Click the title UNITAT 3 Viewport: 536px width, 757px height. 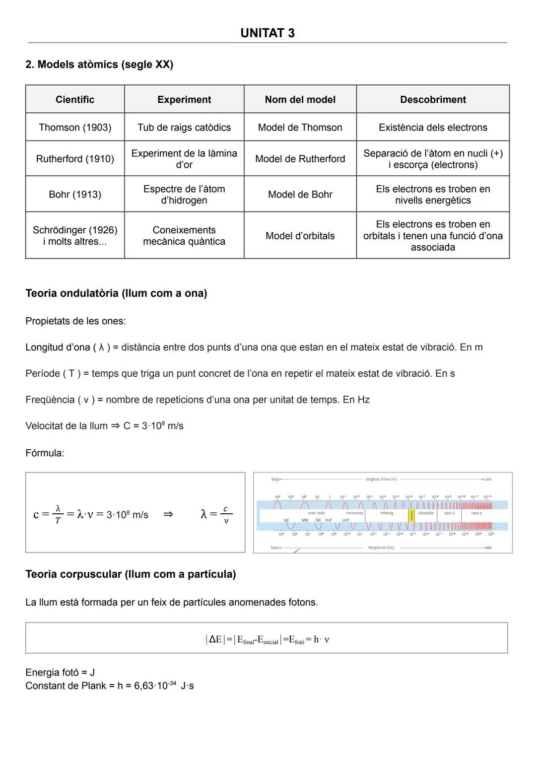pyautogui.click(x=267, y=33)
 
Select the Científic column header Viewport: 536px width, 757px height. pyautogui.click(x=75, y=99)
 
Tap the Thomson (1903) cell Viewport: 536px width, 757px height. pyautogui.click(x=75, y=127)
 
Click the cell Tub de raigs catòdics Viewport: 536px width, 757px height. pyautogui.click(x=184, y=127)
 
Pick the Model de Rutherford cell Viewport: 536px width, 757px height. pyautogui.click(x=300, y=158)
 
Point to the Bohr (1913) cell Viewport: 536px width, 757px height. pyautogui.click(x=75, y=194)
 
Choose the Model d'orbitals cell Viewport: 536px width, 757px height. pyautogui.click(x=300, y=236)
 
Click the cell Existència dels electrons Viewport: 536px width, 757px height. pyautogui.click(x=433, y=127)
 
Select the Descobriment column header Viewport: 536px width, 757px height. pyautogui.click(x=433, y=99)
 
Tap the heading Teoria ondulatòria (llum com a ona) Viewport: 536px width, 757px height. pyautogui.click(x=116, y=293)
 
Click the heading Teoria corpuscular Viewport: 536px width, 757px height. pyautogui.click(x=131, y=574)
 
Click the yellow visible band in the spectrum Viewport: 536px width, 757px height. pyautogui.click(x=411, y=516)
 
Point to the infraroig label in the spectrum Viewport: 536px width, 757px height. pyautogui.click(x=387, y=513)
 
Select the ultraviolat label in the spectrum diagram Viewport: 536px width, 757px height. pyautogui.click(x=426, y=513)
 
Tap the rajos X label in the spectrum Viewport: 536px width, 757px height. pyautogui.click(x=449, y=513)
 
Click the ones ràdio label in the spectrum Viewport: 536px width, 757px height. pyautogui.click(x=316, y=513)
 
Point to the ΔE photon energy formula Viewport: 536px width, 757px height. pyautogui.click(x=267, y=639)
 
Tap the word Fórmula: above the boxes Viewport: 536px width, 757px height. pyautogui.click(x=45, y=453)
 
